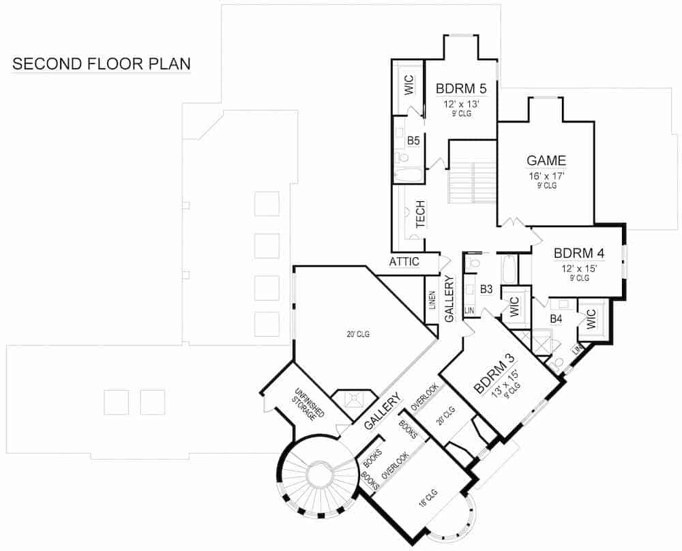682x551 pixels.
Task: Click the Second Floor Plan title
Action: (102, 64)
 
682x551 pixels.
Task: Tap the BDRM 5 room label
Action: (461, 87)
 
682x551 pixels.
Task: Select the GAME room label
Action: (546, 161)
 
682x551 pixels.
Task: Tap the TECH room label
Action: (420, 213)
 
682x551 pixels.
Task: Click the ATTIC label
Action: (404, 262)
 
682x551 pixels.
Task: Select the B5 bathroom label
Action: (413, 140)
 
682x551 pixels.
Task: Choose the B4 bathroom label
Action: (556, 318)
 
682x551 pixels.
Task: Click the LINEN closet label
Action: (432, 299)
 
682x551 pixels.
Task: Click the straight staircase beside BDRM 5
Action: (472, 182)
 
